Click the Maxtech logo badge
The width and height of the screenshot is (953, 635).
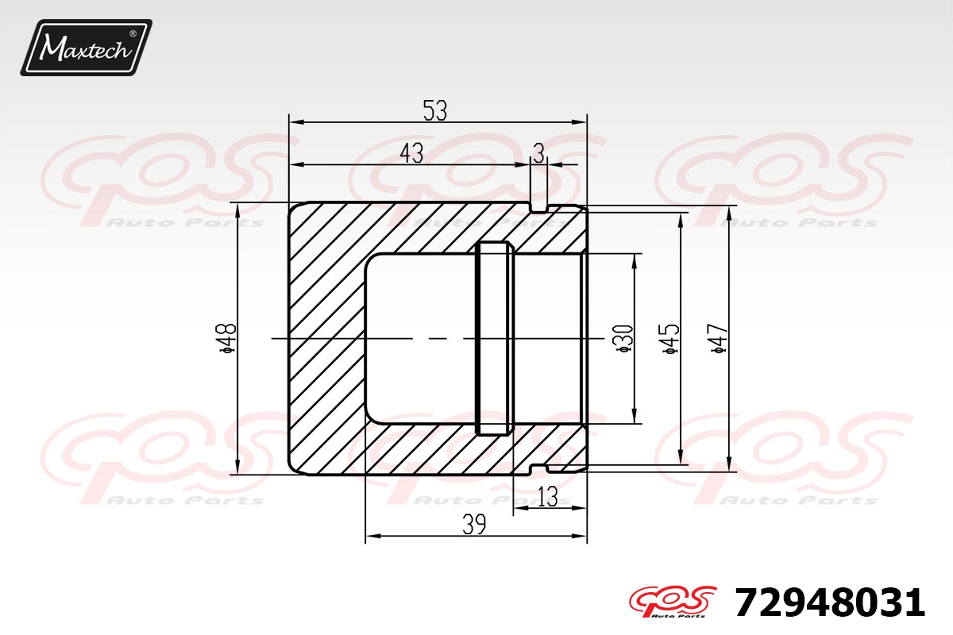87,47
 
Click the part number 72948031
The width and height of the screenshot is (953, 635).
830,602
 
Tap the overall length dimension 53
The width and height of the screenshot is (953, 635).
435,110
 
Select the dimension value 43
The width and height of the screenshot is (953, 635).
412,153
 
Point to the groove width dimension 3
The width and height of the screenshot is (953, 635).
538,153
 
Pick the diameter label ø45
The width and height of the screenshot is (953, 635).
671,339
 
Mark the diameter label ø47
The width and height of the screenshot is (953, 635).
719,339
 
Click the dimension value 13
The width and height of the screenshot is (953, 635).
548,497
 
